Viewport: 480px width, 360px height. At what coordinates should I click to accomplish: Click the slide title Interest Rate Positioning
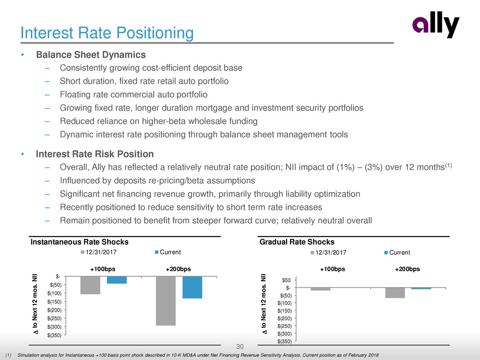(106, 33)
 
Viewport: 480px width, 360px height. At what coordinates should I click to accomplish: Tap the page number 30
(239, 347)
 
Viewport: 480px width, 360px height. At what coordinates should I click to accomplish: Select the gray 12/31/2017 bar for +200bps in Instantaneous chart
(165, 301)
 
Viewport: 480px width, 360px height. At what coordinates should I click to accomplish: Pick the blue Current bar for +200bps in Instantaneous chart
(192, 287)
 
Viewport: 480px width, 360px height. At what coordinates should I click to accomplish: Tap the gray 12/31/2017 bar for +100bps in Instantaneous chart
(90, 285)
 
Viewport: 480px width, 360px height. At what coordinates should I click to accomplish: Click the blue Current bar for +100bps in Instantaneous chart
(116, 280)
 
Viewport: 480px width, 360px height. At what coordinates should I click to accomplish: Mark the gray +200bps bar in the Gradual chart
(395, 293)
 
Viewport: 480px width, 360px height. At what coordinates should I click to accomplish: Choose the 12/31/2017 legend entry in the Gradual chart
(328, 252)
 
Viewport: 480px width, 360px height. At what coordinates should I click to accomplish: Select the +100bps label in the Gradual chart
(332, 269)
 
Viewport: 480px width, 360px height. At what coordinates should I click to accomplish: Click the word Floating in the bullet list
(74, 94)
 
